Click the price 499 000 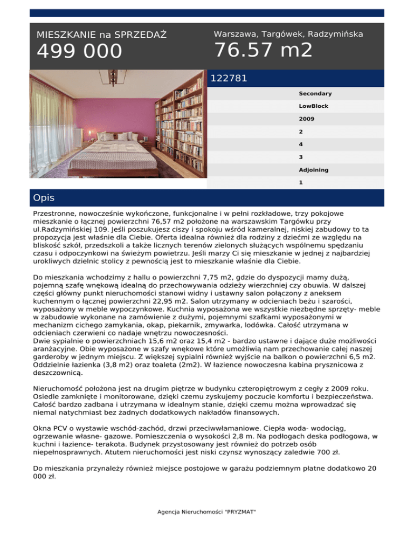click(79, 52)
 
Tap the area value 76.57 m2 click(263, 50)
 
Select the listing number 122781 click(229, 78)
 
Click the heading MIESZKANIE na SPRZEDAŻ click(101, 35)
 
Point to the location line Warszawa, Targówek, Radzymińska click(288, 34)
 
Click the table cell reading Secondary click(315, 93)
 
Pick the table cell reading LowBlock click(313, 106)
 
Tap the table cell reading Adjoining click(313, 170)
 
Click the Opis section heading click(44, 198)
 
